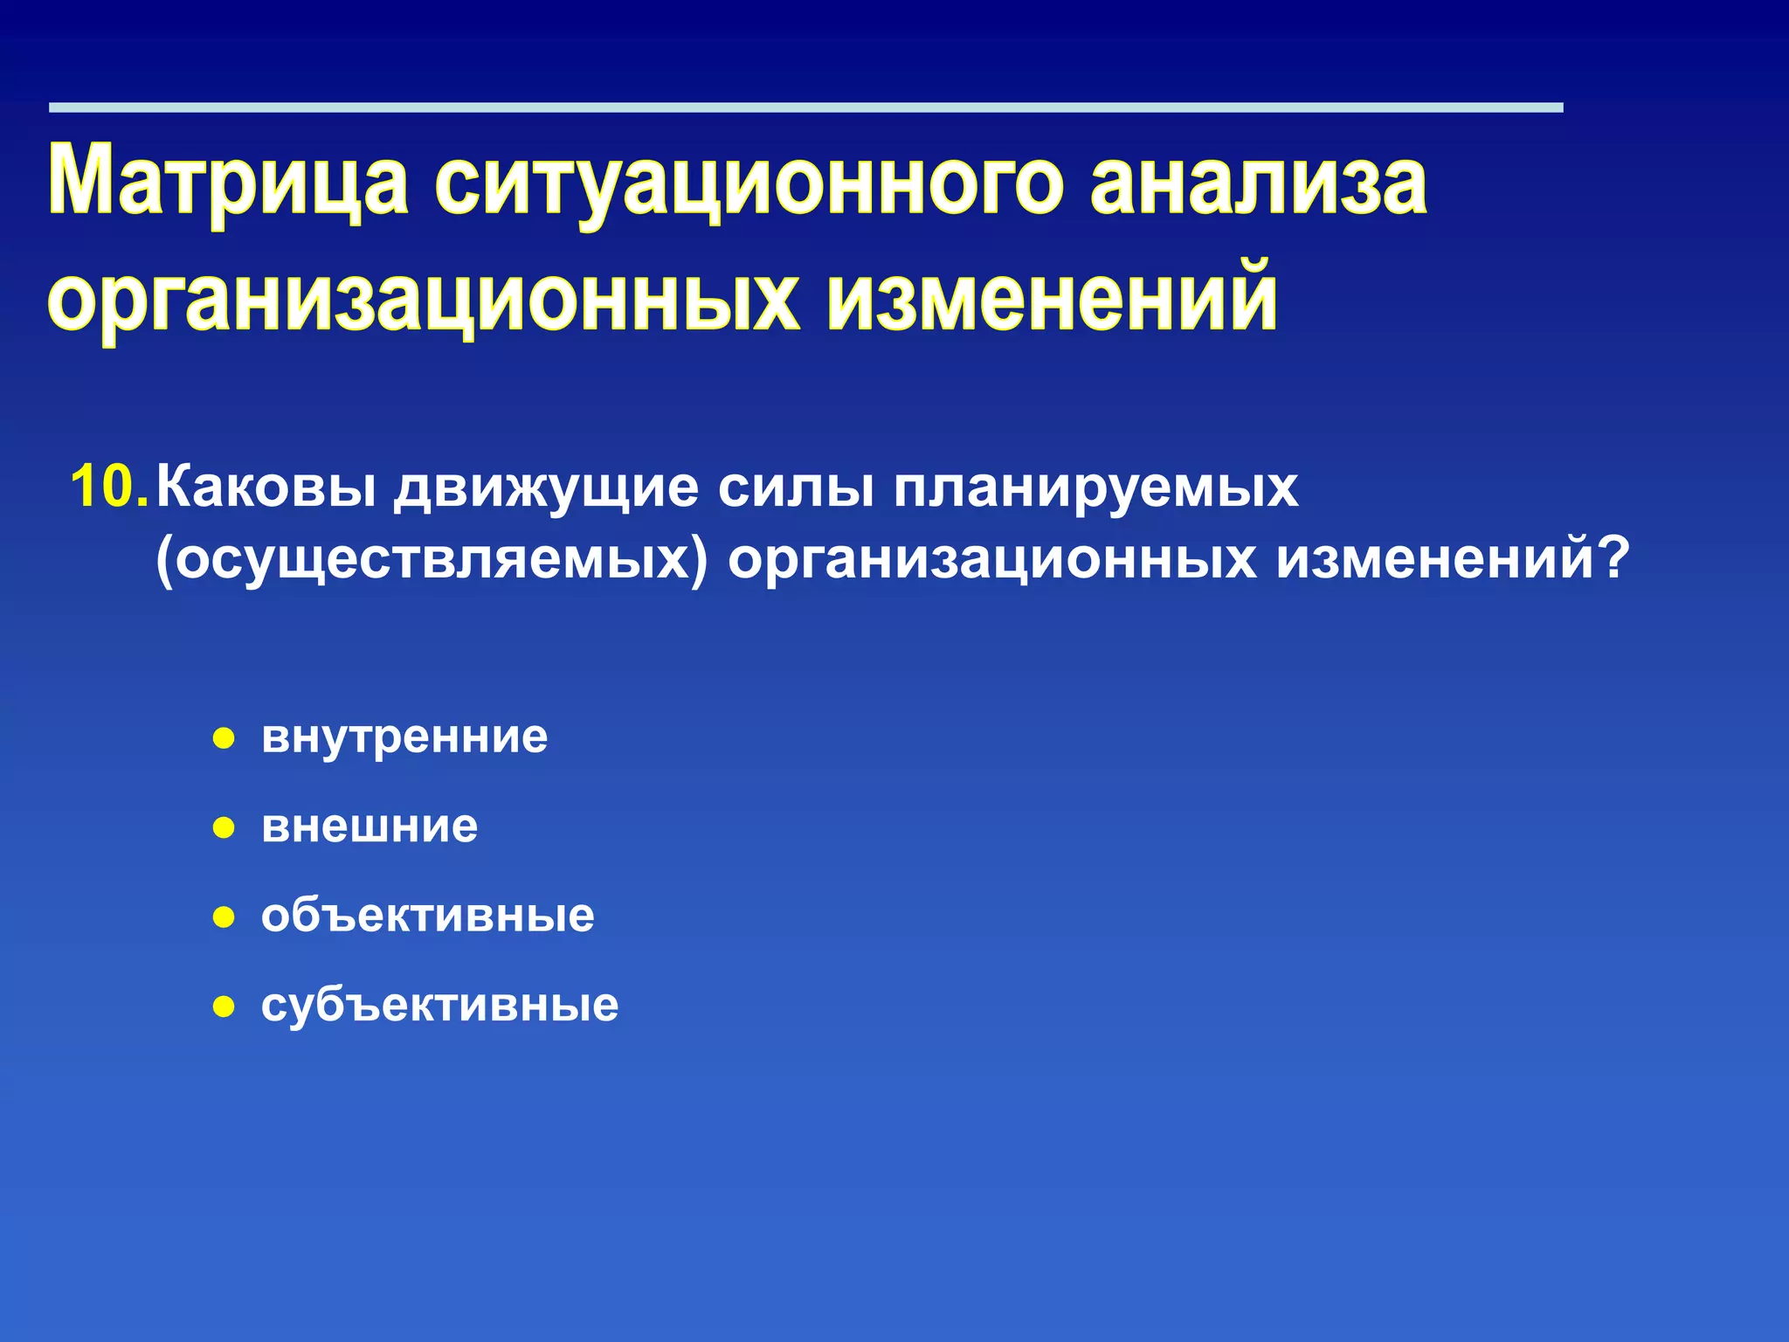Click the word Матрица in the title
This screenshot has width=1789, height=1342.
pyautogui.click(x=229, y=181)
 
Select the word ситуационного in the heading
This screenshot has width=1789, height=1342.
pyautogui.click(x=749, y=181)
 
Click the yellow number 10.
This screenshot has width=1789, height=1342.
pyautogui.click(x=108, y=487)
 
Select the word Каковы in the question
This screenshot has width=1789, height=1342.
pyautogui.click(x=267, y=487)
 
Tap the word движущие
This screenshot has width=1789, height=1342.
pyautogui.click(x=546, y=487)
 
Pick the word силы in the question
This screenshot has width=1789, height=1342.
pyautogui.click(x=795, y=487)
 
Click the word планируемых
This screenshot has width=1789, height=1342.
pyautogui.click(x=1095, y=487)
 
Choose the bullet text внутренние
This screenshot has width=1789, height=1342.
pyautogui.click(x=404, y=737)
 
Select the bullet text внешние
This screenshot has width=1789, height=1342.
pyautogui.click(x=370, y=826)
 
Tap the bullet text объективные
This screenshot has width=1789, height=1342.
pyautogui.click(x=427, y=916)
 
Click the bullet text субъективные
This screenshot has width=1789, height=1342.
pyautogui.click(x=439, y=1005)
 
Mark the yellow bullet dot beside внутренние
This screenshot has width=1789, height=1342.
pyautogui.click(x=224, y=739)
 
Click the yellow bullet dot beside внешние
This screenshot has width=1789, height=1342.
pyautogui.click(x=224, y=828)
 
